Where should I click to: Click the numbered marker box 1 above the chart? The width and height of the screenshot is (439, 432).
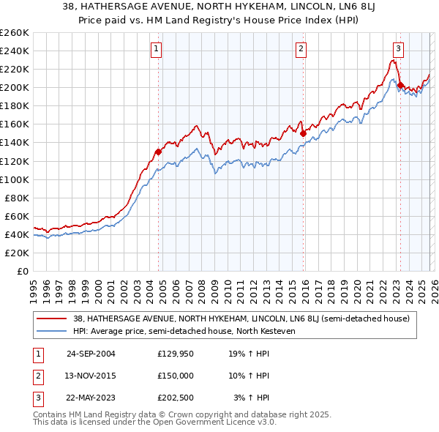[157, 49]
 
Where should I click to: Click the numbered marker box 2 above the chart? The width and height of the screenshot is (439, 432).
[301, 49]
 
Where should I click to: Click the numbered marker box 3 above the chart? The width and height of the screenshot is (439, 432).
[398, 49]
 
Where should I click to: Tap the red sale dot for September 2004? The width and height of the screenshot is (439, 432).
[158, 152]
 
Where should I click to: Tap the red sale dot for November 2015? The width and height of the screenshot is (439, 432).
[302, 133]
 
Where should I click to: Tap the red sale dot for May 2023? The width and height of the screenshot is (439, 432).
[400, 85]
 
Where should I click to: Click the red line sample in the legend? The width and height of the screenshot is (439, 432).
[53, 319]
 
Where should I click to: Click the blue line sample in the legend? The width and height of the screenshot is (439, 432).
[53, 330]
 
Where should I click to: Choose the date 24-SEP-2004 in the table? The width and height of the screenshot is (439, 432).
[91, 354]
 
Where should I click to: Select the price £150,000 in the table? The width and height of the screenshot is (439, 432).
[176, 376]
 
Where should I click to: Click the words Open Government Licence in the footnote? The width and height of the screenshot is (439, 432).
[212, 423]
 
